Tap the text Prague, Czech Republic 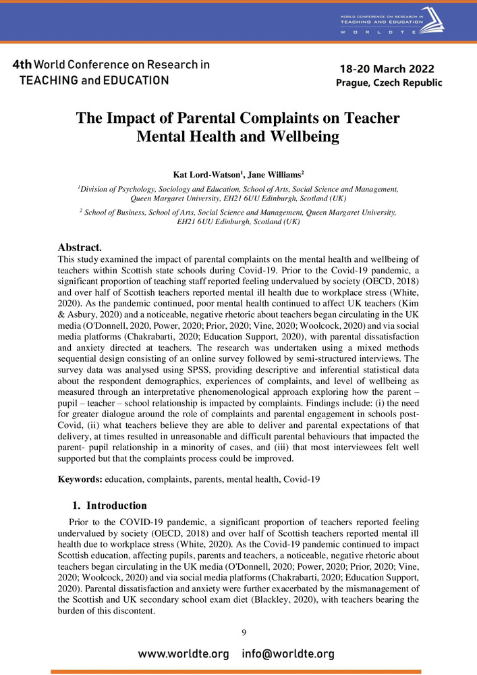(389, 83)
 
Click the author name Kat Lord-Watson (207, 175)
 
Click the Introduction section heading (117, 506)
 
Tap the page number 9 (244, 632)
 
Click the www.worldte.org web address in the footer (184, 654)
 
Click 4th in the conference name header (21, 65)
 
